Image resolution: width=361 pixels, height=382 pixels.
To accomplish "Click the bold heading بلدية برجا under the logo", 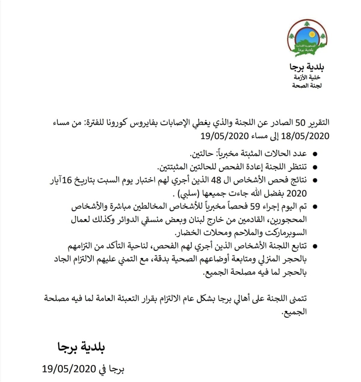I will coord(307,67).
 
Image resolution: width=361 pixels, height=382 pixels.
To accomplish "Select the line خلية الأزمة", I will coord(307,78).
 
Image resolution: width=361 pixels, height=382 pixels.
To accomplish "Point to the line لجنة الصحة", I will coord(307,86).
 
